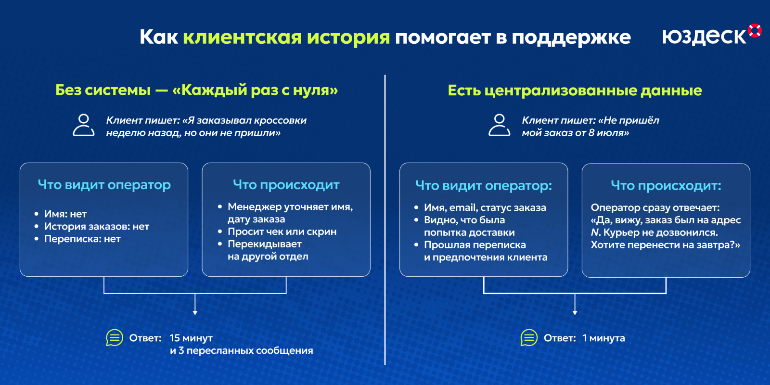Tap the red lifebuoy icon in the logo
[x=755, y=30]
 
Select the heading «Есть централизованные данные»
[x=575, y=90]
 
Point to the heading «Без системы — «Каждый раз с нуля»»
[x=197, y=90]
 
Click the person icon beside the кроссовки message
[x=84, y=125]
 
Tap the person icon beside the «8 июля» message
[x=499, y=125]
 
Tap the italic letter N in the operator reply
[x=595, y=232]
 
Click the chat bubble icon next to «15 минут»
[x=115, y=337]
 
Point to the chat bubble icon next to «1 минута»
[x=529, y=337]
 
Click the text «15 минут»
[x=191, y=338]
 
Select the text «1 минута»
[x=603, y=338]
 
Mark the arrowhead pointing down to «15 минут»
[x=195, y=313]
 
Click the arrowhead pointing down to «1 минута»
[x=575, y=313]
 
